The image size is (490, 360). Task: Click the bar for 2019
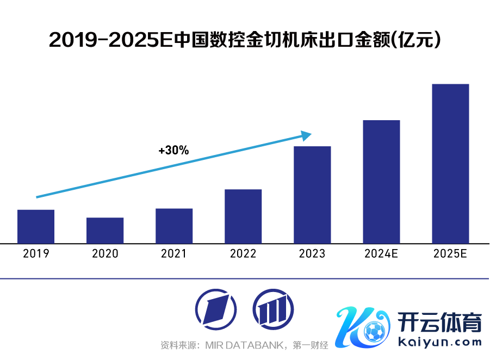pos(36,226)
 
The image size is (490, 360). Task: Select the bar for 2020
pos(105,230)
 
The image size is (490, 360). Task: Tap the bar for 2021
pos(174,226)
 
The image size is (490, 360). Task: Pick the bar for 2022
pos(243,216)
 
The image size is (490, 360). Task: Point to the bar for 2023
pos(312,195)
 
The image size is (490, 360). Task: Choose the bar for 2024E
pos(381,182)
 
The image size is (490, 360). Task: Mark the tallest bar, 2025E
pos(450,163)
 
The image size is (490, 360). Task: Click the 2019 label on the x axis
pos(36,254)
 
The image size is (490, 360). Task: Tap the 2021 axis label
pos(174,254)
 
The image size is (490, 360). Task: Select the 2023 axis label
pos(312,254)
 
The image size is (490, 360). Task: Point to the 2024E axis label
pos(381,254)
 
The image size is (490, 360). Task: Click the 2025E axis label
pos(450,254)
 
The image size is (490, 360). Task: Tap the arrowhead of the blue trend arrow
pos(307,134)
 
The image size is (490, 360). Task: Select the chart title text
pos(245,40)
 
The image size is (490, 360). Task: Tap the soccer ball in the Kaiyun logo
pos(375,330)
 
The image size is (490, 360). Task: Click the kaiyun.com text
pos(440,342)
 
